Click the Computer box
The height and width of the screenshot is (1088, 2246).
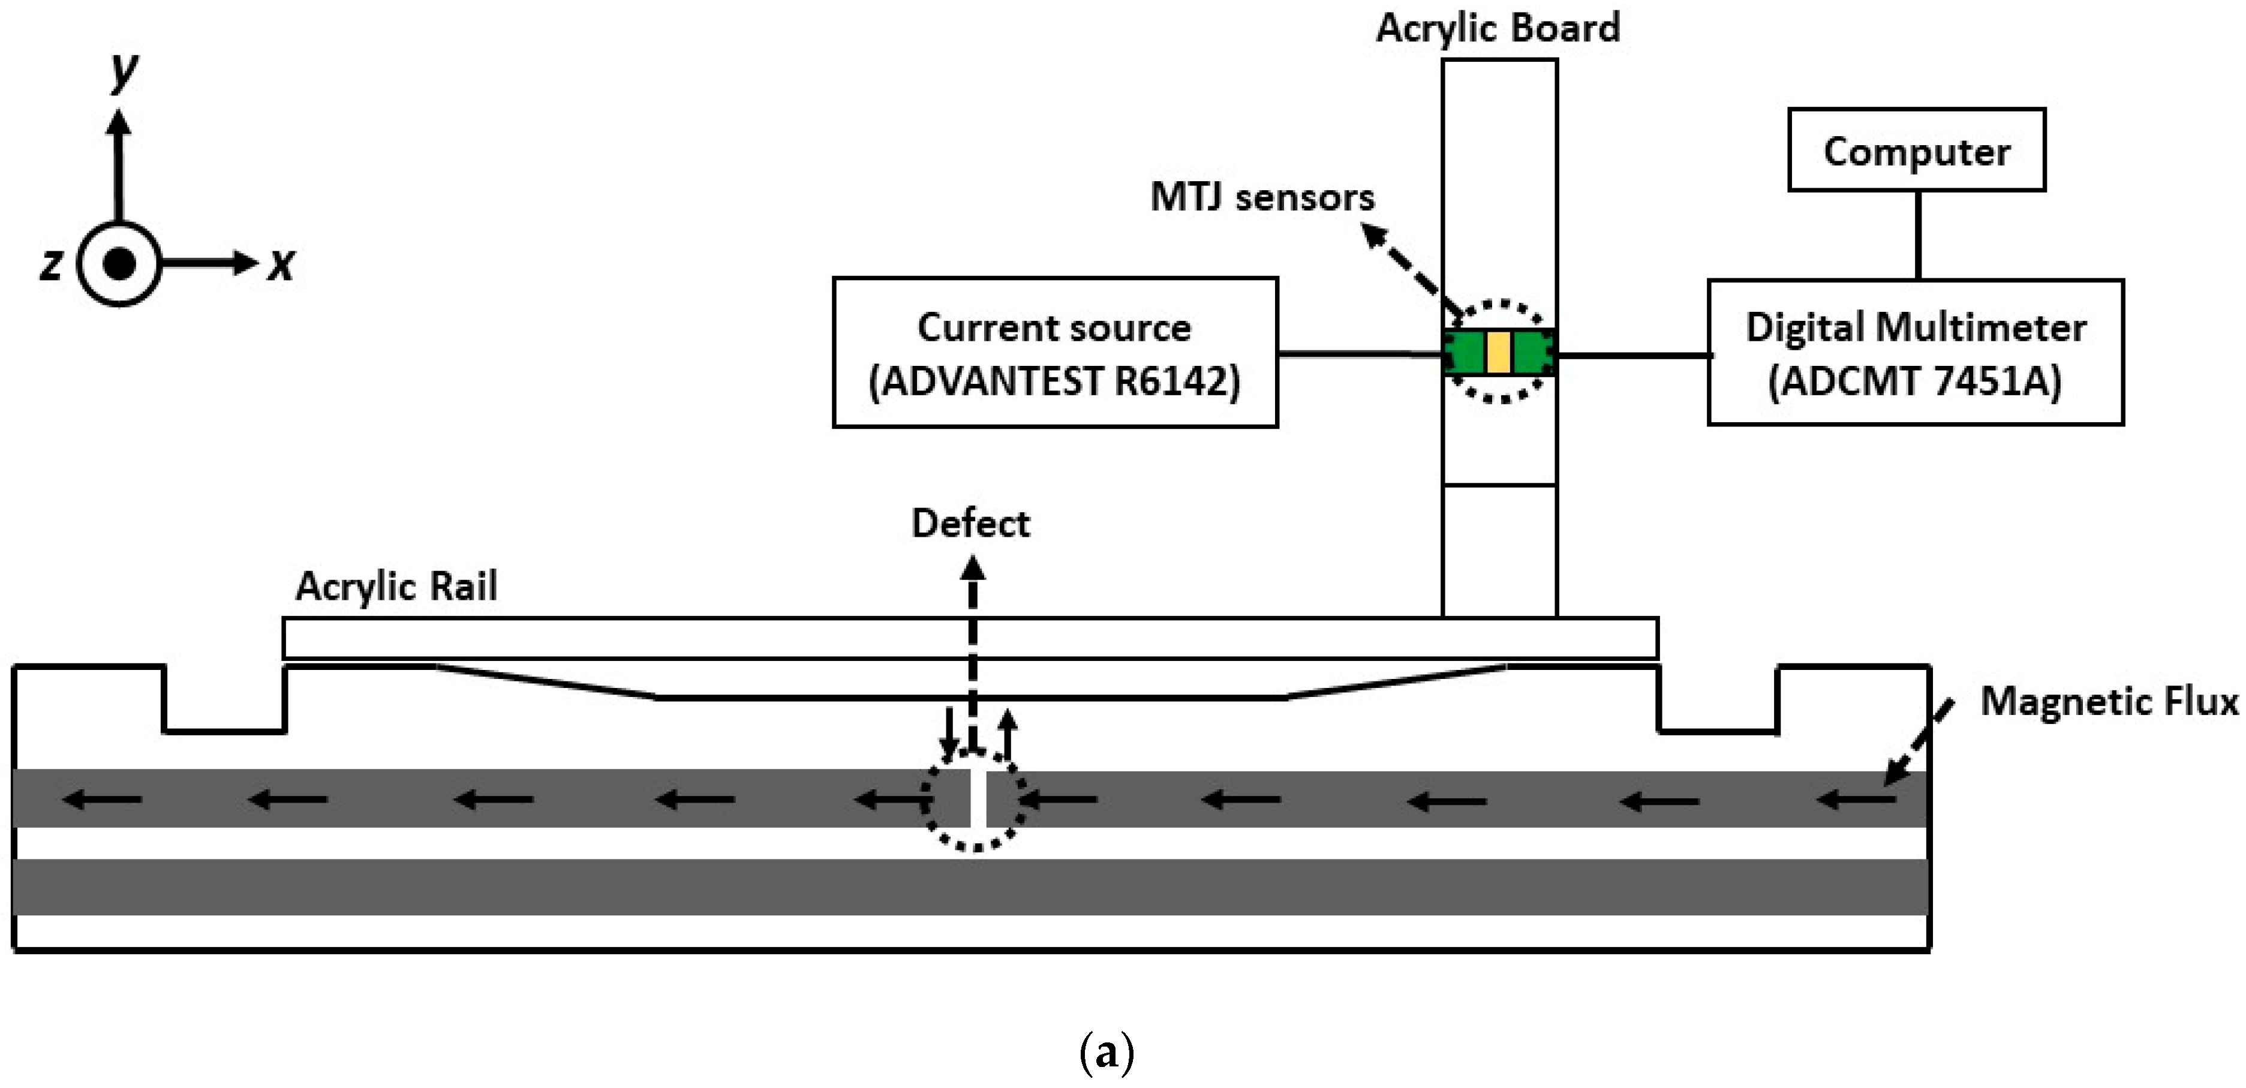click(1916, 150)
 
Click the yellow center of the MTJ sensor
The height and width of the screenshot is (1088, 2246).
click(1498, 352)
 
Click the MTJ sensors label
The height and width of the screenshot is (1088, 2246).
click(1262, 197)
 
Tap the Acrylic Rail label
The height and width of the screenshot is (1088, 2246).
click(396, 586)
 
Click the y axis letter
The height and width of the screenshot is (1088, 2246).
click(124, 70)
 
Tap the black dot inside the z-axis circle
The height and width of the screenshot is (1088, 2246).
click(119, 263)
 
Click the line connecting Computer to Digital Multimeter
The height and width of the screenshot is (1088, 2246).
click(1917, 235)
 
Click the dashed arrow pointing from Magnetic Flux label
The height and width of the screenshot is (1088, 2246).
click(1918, 742)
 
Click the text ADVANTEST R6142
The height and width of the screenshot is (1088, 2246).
click(1055, 381)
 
